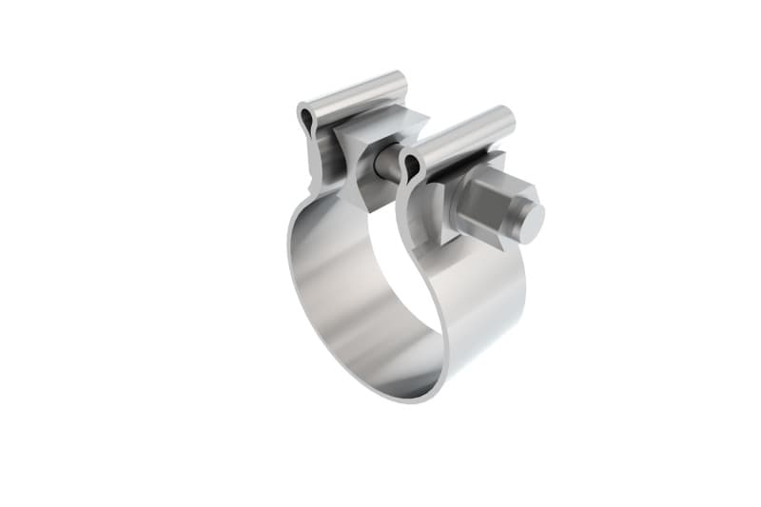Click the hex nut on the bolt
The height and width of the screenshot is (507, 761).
pyautogui.click(x=482, y=205)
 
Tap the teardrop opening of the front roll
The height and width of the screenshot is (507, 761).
pyautogui.click(x=412, y=167)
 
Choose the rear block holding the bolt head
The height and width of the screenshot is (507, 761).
pyautogui.click(x=366, y=152)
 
